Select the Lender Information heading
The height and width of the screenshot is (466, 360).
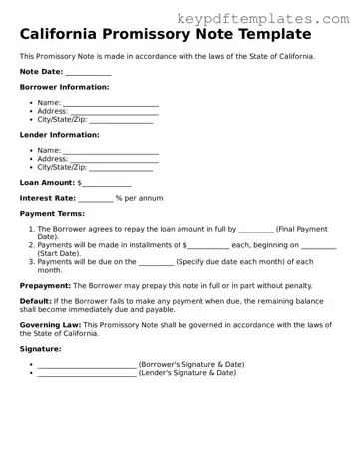pyautogui.click(x=59, y=134)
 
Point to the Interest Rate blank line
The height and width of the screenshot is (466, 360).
pyautogui.click(x=95, y=199)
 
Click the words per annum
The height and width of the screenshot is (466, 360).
pyautogui.click(x=144, y=198)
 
